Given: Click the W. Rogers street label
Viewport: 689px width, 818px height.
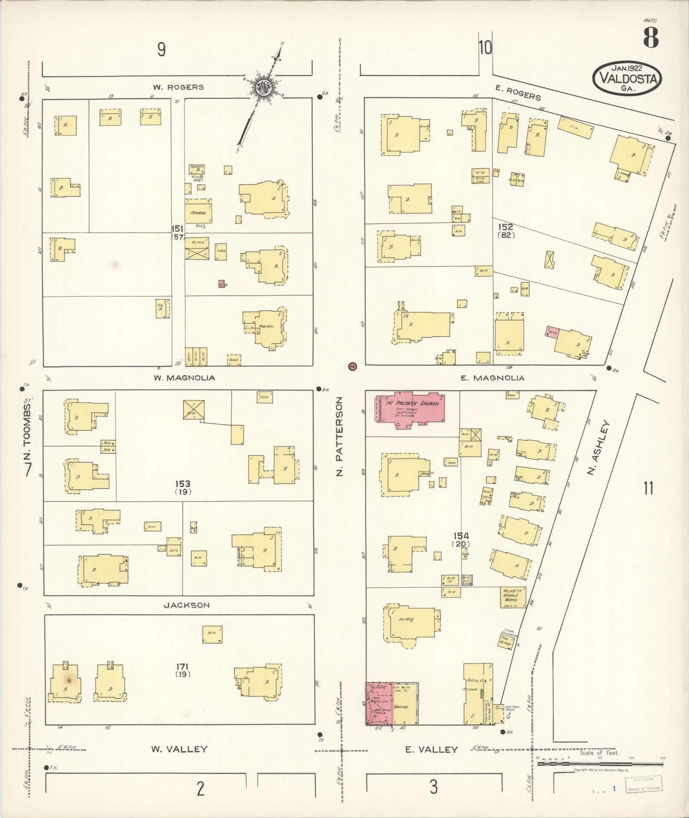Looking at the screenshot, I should point(179,87).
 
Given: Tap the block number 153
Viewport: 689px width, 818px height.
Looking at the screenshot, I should point(182,484).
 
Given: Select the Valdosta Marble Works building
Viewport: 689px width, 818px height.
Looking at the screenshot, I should point(513,597).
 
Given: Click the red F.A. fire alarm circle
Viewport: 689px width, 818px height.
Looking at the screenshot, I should point(352,366).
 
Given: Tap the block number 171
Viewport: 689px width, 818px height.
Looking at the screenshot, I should point(182,667).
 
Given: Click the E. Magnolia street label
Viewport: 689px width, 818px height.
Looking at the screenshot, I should point(492,378).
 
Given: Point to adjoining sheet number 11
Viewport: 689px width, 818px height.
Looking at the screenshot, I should point(648,488).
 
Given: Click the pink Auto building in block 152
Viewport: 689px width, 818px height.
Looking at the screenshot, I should point(552,331).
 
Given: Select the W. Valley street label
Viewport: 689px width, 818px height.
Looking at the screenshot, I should point(179,749).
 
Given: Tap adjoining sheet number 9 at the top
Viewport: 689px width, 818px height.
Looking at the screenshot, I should point(161,50).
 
